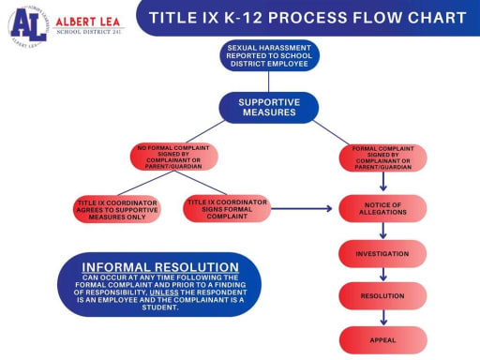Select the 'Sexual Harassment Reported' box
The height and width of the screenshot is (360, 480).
[x=269, y=55]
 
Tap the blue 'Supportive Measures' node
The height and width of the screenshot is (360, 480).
[x=269, y=107]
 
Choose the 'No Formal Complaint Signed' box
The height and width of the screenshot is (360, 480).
[x=173, y=157]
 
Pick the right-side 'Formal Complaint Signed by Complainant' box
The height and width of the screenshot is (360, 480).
[x=382, y=157]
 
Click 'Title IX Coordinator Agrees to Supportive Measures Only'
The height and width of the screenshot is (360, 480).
[x=117, y=209]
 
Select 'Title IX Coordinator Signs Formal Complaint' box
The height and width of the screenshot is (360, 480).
[x=227, y=208]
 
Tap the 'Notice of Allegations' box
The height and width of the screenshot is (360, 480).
[x=382, y=208]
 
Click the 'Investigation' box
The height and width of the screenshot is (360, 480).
[x=382, y=253]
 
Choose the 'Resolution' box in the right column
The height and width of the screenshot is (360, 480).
[x=382, y=295]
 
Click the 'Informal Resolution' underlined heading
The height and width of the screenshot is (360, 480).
[x=159, y=267]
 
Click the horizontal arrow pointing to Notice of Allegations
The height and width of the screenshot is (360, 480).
[x=305, y=208]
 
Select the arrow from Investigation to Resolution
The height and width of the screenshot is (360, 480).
[x=382, y=275]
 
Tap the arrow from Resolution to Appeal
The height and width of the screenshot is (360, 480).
[x=382, y=317]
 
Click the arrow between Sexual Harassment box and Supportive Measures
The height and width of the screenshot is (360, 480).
[x=269, y=81]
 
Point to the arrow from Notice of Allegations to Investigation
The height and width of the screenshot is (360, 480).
[x=382, y=232]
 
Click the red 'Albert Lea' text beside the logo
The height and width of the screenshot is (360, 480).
[x=87, y=20]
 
